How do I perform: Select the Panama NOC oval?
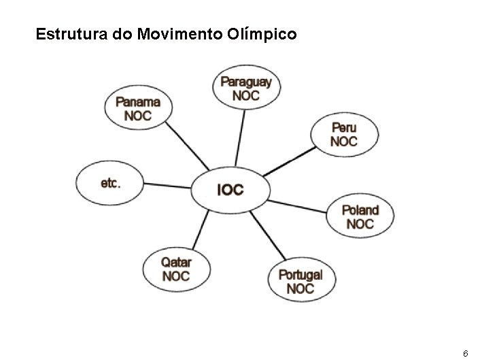click(138, 108)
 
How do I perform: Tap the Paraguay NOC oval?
click(245, 88)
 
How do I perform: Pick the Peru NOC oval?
click(343, 135)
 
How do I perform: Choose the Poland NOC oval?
click(360, 216)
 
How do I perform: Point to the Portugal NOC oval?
click(300, 280)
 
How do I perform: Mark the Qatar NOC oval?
click(175, 269)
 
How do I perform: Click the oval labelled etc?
click(110, 182)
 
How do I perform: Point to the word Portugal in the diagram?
click(300, 275)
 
